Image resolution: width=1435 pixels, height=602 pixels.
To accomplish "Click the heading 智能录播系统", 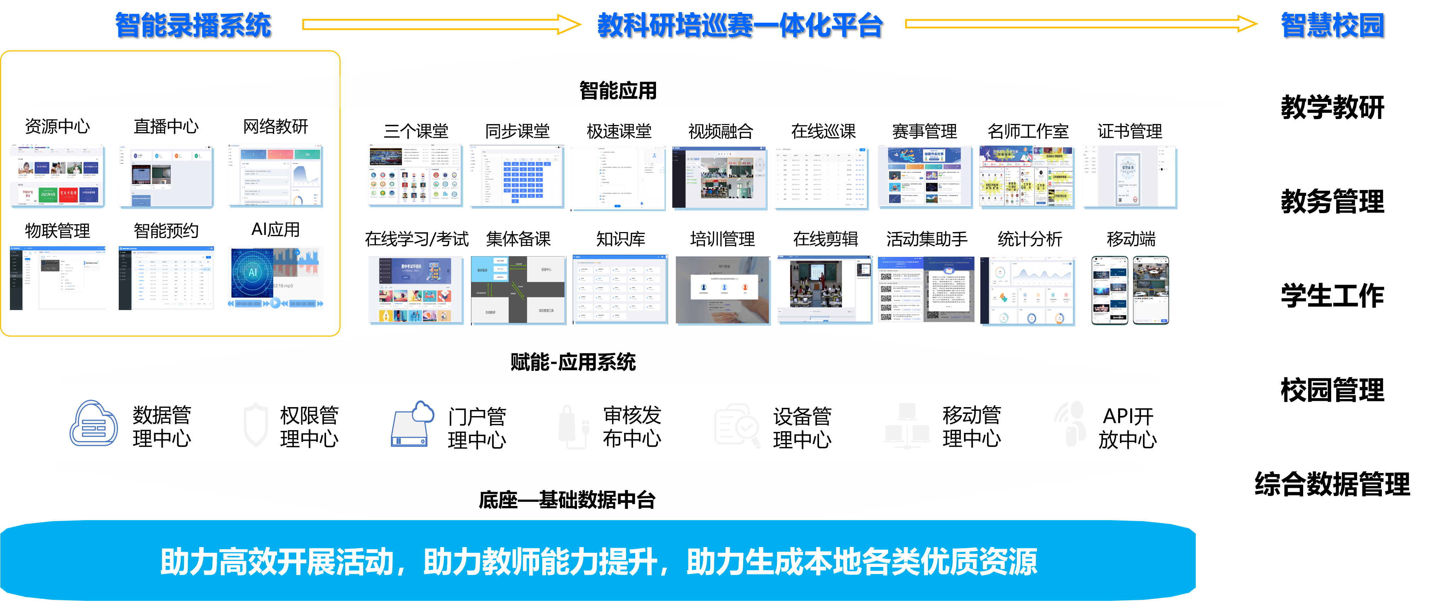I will [193, 25].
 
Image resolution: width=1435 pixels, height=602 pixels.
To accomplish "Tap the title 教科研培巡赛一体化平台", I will [740, 25].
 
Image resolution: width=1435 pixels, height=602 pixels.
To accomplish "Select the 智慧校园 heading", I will [1332, 25].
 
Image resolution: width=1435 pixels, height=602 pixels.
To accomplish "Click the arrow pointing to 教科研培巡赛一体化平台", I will [441, 24].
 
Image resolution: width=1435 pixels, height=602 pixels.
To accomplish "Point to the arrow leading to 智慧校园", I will [1081, 24].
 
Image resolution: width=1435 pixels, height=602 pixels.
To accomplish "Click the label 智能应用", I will [618, 90].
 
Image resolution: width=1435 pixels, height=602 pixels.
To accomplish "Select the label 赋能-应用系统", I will [573, 362].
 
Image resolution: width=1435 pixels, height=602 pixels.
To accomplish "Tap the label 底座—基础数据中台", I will [567, 500].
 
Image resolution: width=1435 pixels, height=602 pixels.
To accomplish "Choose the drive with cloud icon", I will [412, 424].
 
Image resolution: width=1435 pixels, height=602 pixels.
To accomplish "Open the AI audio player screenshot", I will [275, 278].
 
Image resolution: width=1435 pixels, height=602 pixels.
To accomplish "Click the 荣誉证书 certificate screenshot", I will [1129, 177].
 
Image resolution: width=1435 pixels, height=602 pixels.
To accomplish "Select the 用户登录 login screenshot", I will [723, 289].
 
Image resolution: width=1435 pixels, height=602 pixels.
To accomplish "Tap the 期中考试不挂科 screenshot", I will [416, 289].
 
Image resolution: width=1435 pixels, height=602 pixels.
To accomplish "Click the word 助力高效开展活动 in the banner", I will [277, 562].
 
